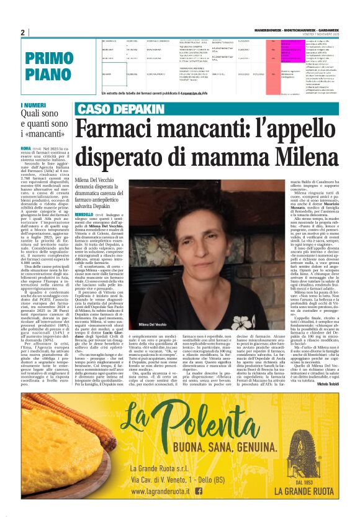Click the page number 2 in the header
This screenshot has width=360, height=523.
[22, 32]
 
